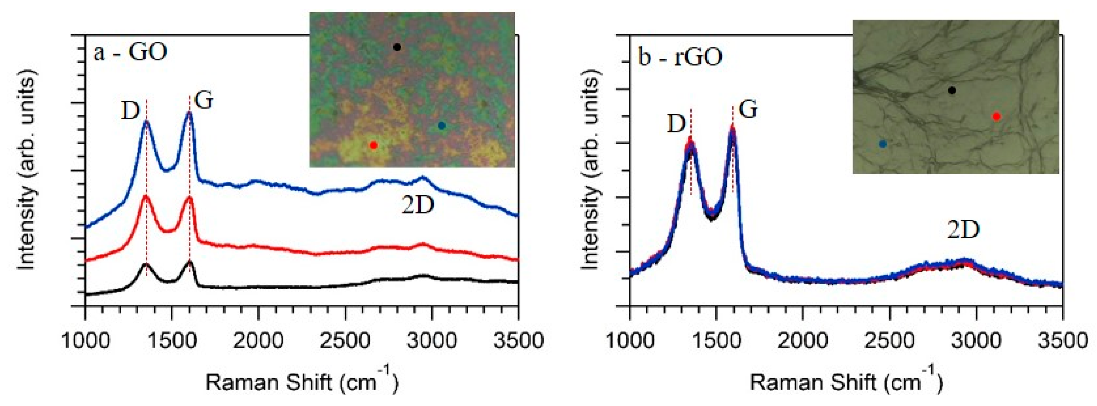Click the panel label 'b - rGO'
point(680,57)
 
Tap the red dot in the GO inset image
point(374,145)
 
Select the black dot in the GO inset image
point(397,47)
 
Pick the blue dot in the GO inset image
point(442,126)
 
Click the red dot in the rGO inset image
point(996,116)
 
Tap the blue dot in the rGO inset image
point(883,144)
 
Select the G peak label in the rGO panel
point(748,110)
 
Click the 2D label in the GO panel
point(418,206)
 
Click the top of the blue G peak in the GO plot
point(189,113)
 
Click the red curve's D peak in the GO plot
point(146,196)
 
